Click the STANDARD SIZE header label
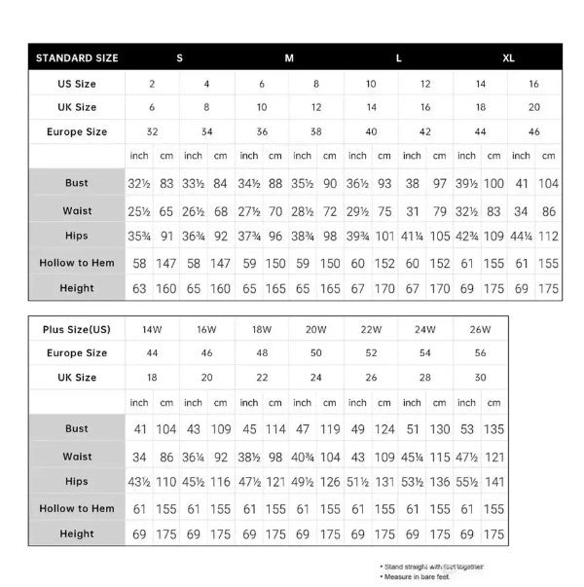coord(77,57)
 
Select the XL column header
coord(508,57)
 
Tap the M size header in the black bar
coord(289,57)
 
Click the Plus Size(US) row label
coord(77,329)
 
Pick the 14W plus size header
coord(151,329)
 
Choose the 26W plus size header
coord(479,329)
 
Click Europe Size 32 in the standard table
coord(152,131)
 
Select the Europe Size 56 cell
coord(479,353)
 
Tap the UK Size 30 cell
coord(479,378)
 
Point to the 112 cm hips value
coord(549,236)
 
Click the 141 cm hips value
coord(494,482)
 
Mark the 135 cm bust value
coord(494,429)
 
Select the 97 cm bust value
coord(440,183)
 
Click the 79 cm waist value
coord(440,209)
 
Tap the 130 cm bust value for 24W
coord(440,429)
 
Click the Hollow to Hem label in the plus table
coord(77,508)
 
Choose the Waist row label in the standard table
coord(77,209)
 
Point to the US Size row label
coord(77,84)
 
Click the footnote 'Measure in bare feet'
coord(420,577)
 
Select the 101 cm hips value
coord(384,236)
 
